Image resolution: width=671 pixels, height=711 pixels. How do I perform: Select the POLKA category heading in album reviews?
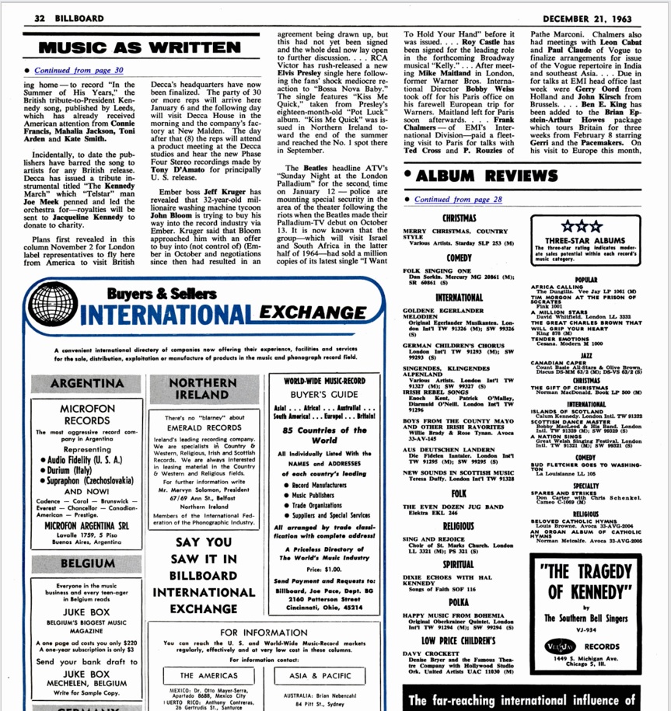(x=459, y=601)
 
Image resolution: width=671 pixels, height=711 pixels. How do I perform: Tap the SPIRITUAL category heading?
(x=460, y=564)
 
